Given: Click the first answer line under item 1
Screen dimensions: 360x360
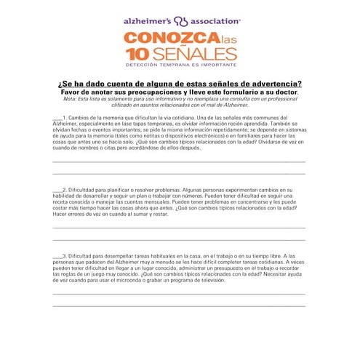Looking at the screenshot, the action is coord(179,161).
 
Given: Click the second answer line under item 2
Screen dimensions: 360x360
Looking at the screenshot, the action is coord(179,239).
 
